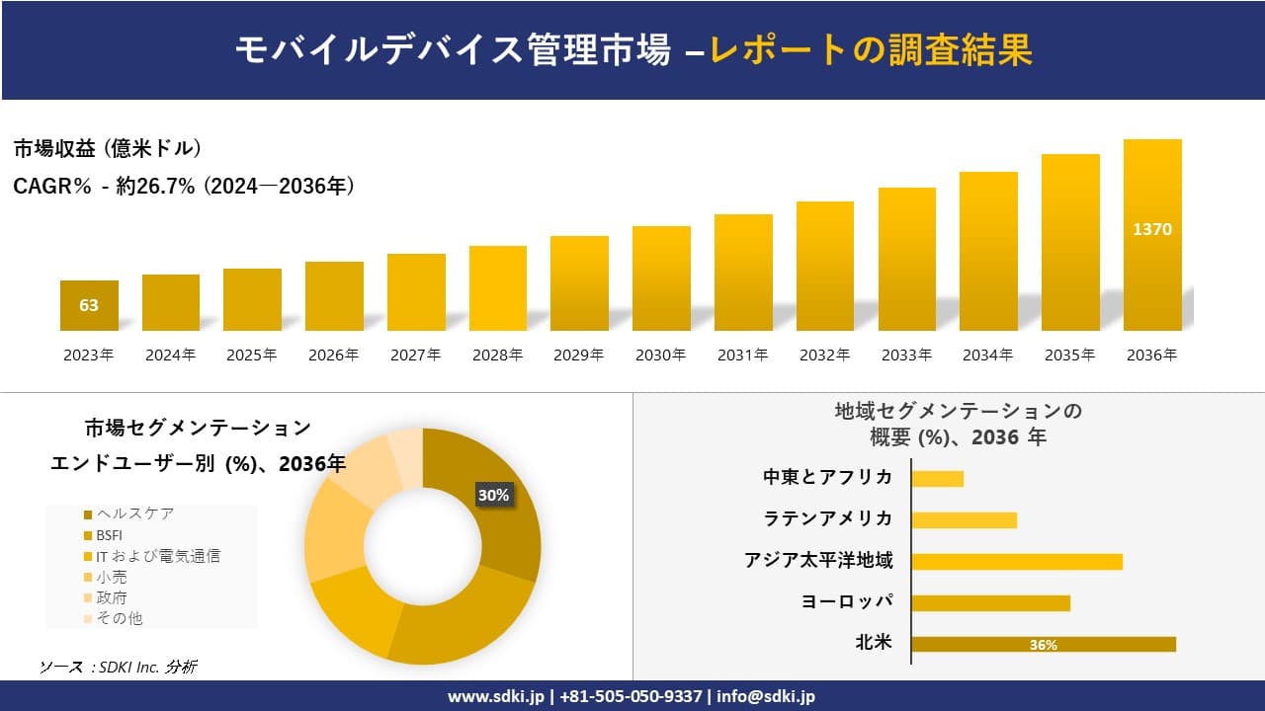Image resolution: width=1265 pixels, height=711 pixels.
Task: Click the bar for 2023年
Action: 89,305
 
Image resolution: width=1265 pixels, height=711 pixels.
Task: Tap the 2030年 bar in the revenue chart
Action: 661,278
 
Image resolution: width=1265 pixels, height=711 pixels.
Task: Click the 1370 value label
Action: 1152,229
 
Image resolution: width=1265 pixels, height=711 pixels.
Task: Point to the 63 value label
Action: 89,305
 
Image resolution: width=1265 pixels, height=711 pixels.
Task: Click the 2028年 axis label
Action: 497,355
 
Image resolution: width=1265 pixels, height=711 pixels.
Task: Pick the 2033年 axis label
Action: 906,355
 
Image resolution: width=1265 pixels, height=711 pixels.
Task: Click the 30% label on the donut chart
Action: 493,495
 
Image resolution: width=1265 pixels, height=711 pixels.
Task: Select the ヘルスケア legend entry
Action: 134,513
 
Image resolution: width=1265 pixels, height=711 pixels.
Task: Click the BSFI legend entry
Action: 109,535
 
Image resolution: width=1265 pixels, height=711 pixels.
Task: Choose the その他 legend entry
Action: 119,618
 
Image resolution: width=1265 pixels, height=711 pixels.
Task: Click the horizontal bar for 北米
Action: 1043,645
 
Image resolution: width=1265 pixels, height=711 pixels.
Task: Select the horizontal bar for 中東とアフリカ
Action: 937,479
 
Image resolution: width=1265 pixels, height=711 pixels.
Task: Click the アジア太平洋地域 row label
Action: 818,561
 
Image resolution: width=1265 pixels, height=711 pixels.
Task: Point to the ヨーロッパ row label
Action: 847,602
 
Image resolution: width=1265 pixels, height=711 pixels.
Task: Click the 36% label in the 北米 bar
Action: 1043,645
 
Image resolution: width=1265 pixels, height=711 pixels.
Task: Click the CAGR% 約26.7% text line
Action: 184,186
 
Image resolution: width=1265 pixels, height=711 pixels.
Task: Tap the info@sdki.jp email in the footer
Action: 767,696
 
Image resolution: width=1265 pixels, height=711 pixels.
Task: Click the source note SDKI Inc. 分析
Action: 119,668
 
